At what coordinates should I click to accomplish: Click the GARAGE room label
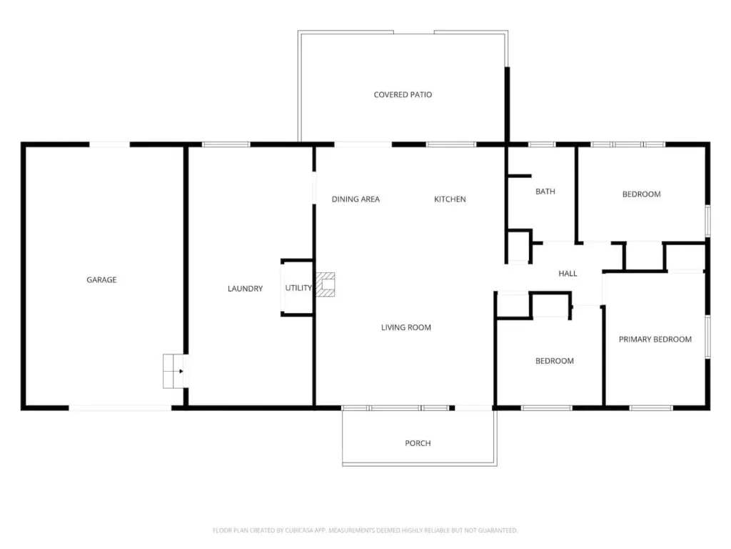click(x=101, y=280)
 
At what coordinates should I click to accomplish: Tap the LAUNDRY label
click(x=246, y=289)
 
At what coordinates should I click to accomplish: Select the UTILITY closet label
click(x=298, y=287)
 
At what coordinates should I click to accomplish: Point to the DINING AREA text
click(x=356, y=199)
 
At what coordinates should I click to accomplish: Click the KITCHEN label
click(x=450, y=199)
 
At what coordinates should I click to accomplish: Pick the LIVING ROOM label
click(x=406, y=327)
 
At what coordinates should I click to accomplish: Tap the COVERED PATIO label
click(x=403, y=94)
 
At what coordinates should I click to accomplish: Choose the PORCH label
click(x=418, y=443)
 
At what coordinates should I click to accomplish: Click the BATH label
click(x=545, y=192)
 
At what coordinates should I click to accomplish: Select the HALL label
click(x=568, y=274)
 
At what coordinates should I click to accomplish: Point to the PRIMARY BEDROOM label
click(x=655, y=340)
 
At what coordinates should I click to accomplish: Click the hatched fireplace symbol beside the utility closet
click(x=326, y=285)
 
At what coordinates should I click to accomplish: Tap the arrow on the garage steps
click(x=181, y=372)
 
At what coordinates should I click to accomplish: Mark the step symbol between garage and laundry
click(x=173, y=371)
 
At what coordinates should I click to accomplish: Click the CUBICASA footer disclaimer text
click(x=365, y=530)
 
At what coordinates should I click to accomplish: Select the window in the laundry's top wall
click(x=226, y=144)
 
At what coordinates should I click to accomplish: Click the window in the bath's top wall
click(x=542, y=144)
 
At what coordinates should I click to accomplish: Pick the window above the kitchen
click(x=451, y=144)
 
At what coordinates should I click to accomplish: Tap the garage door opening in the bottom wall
click(x=120, y=408)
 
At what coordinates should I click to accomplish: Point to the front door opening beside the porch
click(x=473, y=408)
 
